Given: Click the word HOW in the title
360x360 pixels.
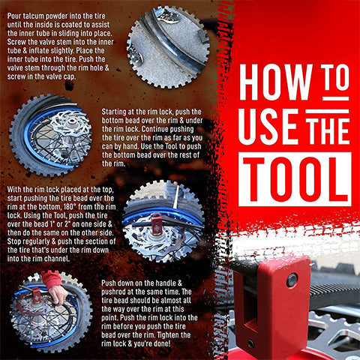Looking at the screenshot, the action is pyautogui.click(x=276, y=82).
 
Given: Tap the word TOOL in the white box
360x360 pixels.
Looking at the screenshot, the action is pyautogui.click(x=295, y=179).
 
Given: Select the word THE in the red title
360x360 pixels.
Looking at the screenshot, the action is pyautogui.click(x=328, y=131).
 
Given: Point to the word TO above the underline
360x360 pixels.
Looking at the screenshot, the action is pyautogui.click(x=335, y=77).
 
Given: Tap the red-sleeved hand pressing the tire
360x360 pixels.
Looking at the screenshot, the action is pyautogui.click(x=54, y=287).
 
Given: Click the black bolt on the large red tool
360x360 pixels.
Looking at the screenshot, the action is pyautogui.click(x=292, y=280).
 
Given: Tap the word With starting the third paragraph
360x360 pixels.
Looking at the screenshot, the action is pyautogui.click(x=14, y=190).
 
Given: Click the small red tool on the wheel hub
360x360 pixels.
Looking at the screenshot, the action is pyautogui.click(x=157, y=223).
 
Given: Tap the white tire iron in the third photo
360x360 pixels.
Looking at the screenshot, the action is pyautogui.click(x=176, y=196).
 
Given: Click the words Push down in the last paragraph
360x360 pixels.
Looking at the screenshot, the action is pyautogui.click(x=121, y=283).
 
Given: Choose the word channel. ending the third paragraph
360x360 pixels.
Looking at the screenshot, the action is pyautogui.click(x=58, y=259).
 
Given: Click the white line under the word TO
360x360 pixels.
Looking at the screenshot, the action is pyautogui.click(x=335, y=98).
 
